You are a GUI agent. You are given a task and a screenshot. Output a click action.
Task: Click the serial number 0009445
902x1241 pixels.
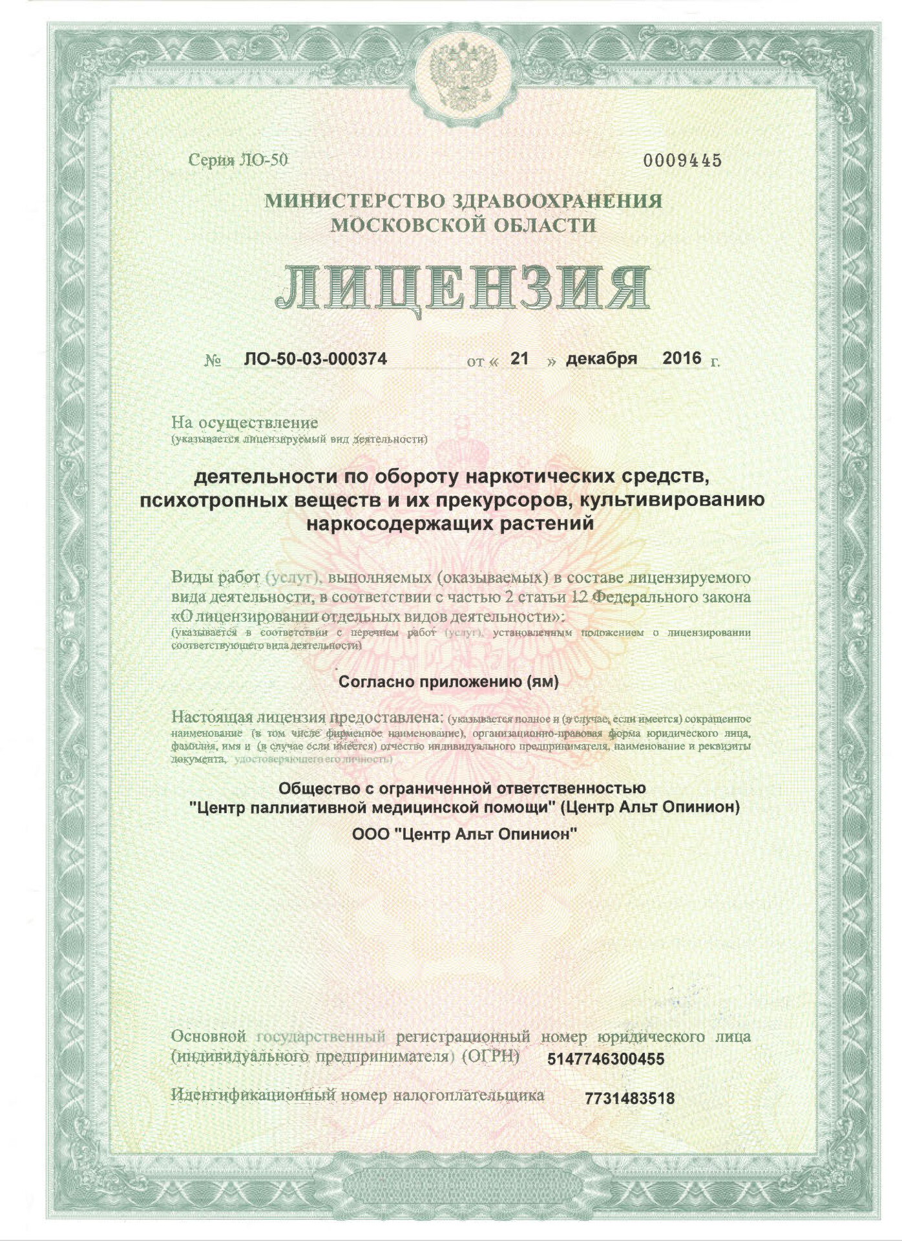(x=682, y=161)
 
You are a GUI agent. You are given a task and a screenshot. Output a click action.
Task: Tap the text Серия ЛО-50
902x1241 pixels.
(x=238, y=160)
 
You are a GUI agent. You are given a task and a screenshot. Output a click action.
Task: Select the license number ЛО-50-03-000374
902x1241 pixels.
(x=315, y=359)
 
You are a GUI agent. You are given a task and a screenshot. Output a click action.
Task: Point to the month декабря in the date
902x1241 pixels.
(x=601, y=359)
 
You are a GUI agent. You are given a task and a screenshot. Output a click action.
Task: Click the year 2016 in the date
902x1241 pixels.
(x=682, y=358)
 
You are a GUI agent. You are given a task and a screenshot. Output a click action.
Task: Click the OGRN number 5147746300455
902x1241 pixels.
(x=605, y=1059)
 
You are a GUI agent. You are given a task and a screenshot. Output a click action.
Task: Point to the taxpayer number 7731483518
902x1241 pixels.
(x=629, y=1098)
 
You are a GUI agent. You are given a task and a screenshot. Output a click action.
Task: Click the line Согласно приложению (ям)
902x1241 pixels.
(x=448, y=682)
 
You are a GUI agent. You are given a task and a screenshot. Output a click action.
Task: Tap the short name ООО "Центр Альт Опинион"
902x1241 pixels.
(x=464, y=834)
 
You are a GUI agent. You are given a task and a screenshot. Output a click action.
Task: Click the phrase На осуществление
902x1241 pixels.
(x=244, y=423)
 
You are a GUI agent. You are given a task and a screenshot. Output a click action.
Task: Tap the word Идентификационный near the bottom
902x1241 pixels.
(x=253, y=1095)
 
